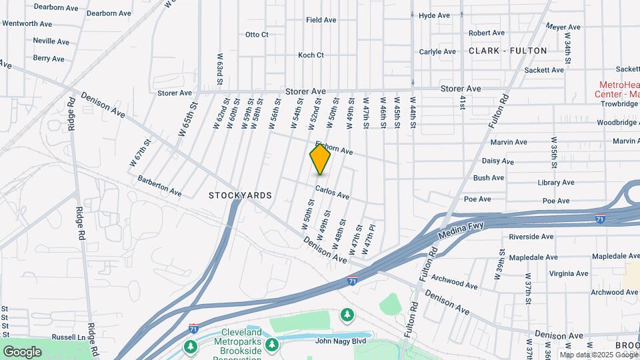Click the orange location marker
pos(320,159)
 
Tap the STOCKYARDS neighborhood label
pos(240,195)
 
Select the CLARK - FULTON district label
pos(508,51)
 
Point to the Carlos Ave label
pos(332,193)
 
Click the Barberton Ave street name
pos(159,186)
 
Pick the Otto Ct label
pos(257,35)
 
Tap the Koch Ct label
pos(311,55)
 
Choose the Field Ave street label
pos(321,20)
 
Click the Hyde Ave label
pos(434,15)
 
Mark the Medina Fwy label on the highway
pos(461,230)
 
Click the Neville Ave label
pos(51,41)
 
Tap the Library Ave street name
pos(556,183)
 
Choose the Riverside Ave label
pos(531,237)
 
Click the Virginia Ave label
pos(568,273)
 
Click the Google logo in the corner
pos(22,351)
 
